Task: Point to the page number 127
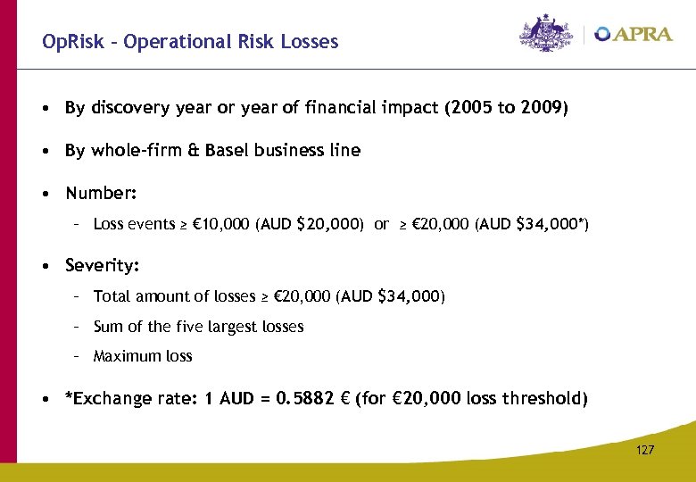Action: tap(644, 450)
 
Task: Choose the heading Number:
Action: tap(101, 194)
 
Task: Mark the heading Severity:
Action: tap(103, 266)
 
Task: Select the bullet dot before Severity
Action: tap(45, 266)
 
